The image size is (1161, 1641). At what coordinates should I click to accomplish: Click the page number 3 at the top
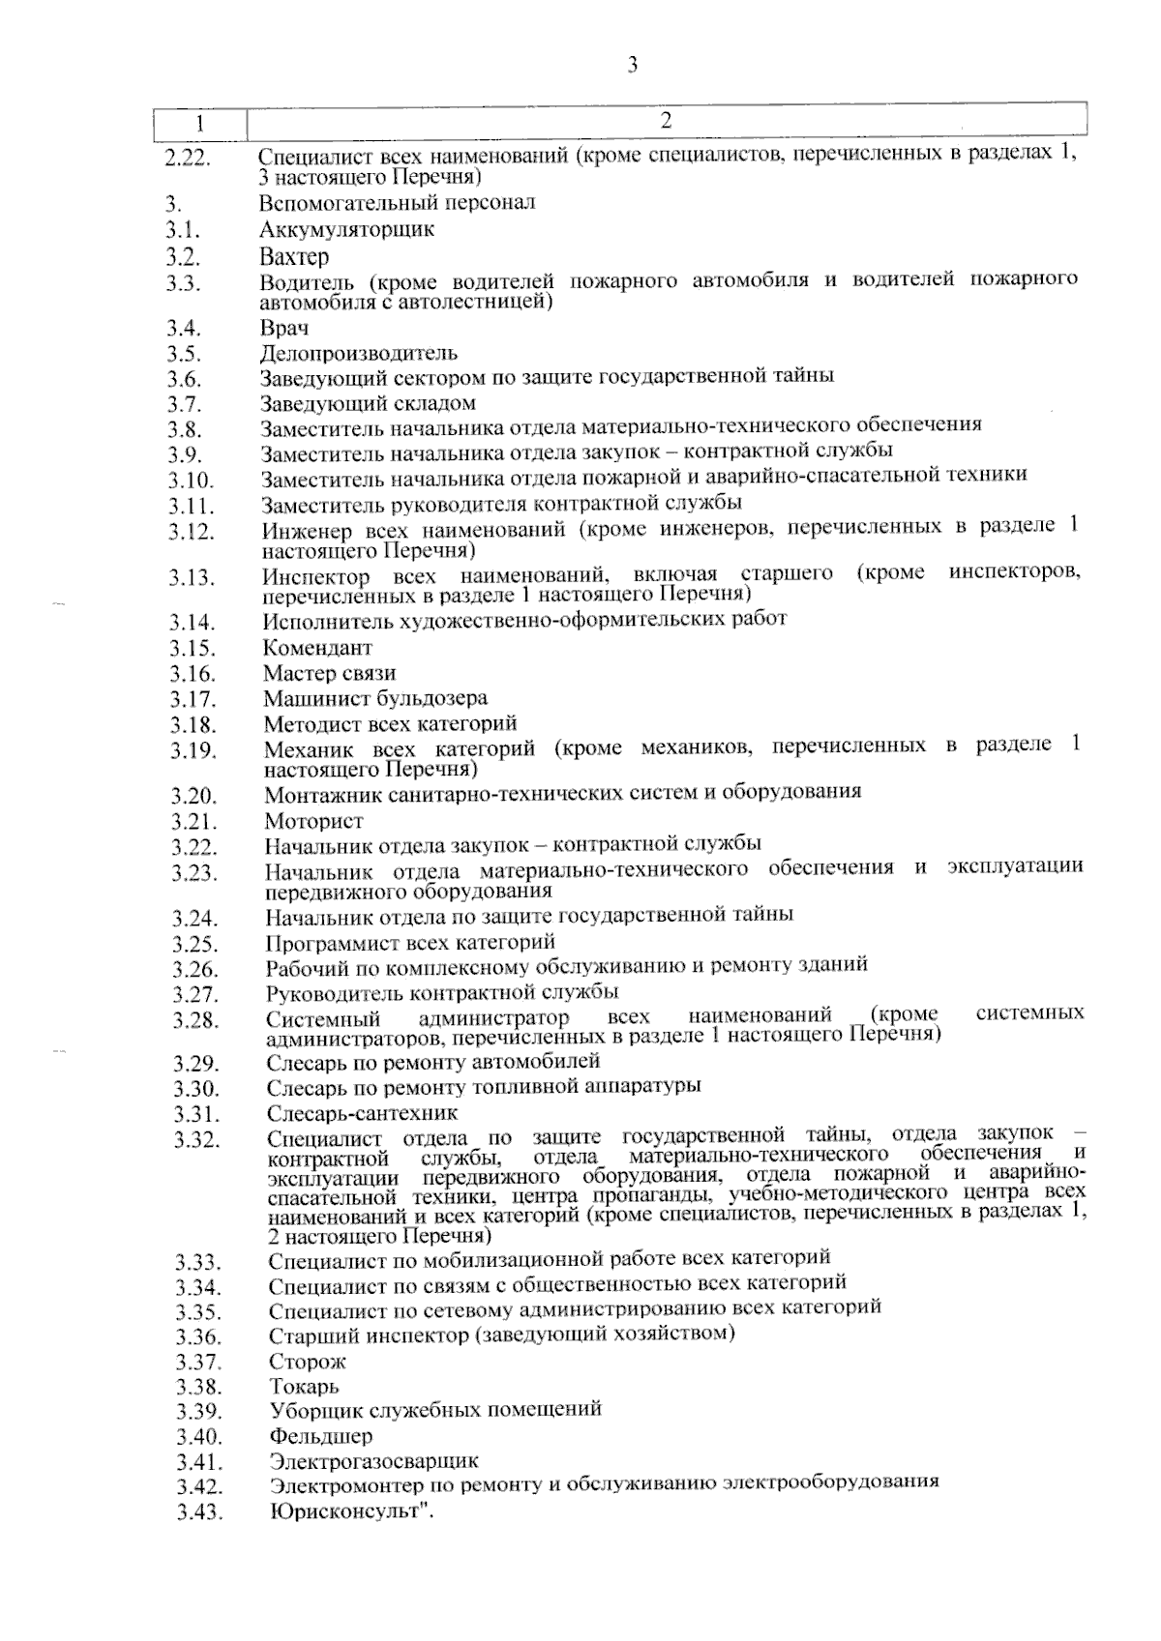coord(632,66)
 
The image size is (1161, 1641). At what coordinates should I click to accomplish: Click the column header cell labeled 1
coord(200,124)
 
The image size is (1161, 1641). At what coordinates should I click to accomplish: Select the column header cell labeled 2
coord(666,121)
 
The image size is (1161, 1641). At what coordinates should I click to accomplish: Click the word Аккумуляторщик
coord(346,230)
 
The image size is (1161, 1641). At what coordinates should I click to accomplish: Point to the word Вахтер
coord(294,257)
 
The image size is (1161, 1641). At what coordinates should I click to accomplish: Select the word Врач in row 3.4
coord(284,329)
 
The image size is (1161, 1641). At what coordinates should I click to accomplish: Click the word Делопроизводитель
coord(358,354)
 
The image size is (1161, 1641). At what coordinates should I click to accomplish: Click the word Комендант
coord(317,648)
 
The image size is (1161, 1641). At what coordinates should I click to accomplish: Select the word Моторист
coord(314,822)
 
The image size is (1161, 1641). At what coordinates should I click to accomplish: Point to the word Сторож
coord(308,1363)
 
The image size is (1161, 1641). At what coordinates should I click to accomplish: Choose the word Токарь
coord(304,1388)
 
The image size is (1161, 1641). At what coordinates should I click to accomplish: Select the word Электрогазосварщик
coord(373,1461)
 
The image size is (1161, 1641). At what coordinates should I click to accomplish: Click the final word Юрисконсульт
coord(346,1510)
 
